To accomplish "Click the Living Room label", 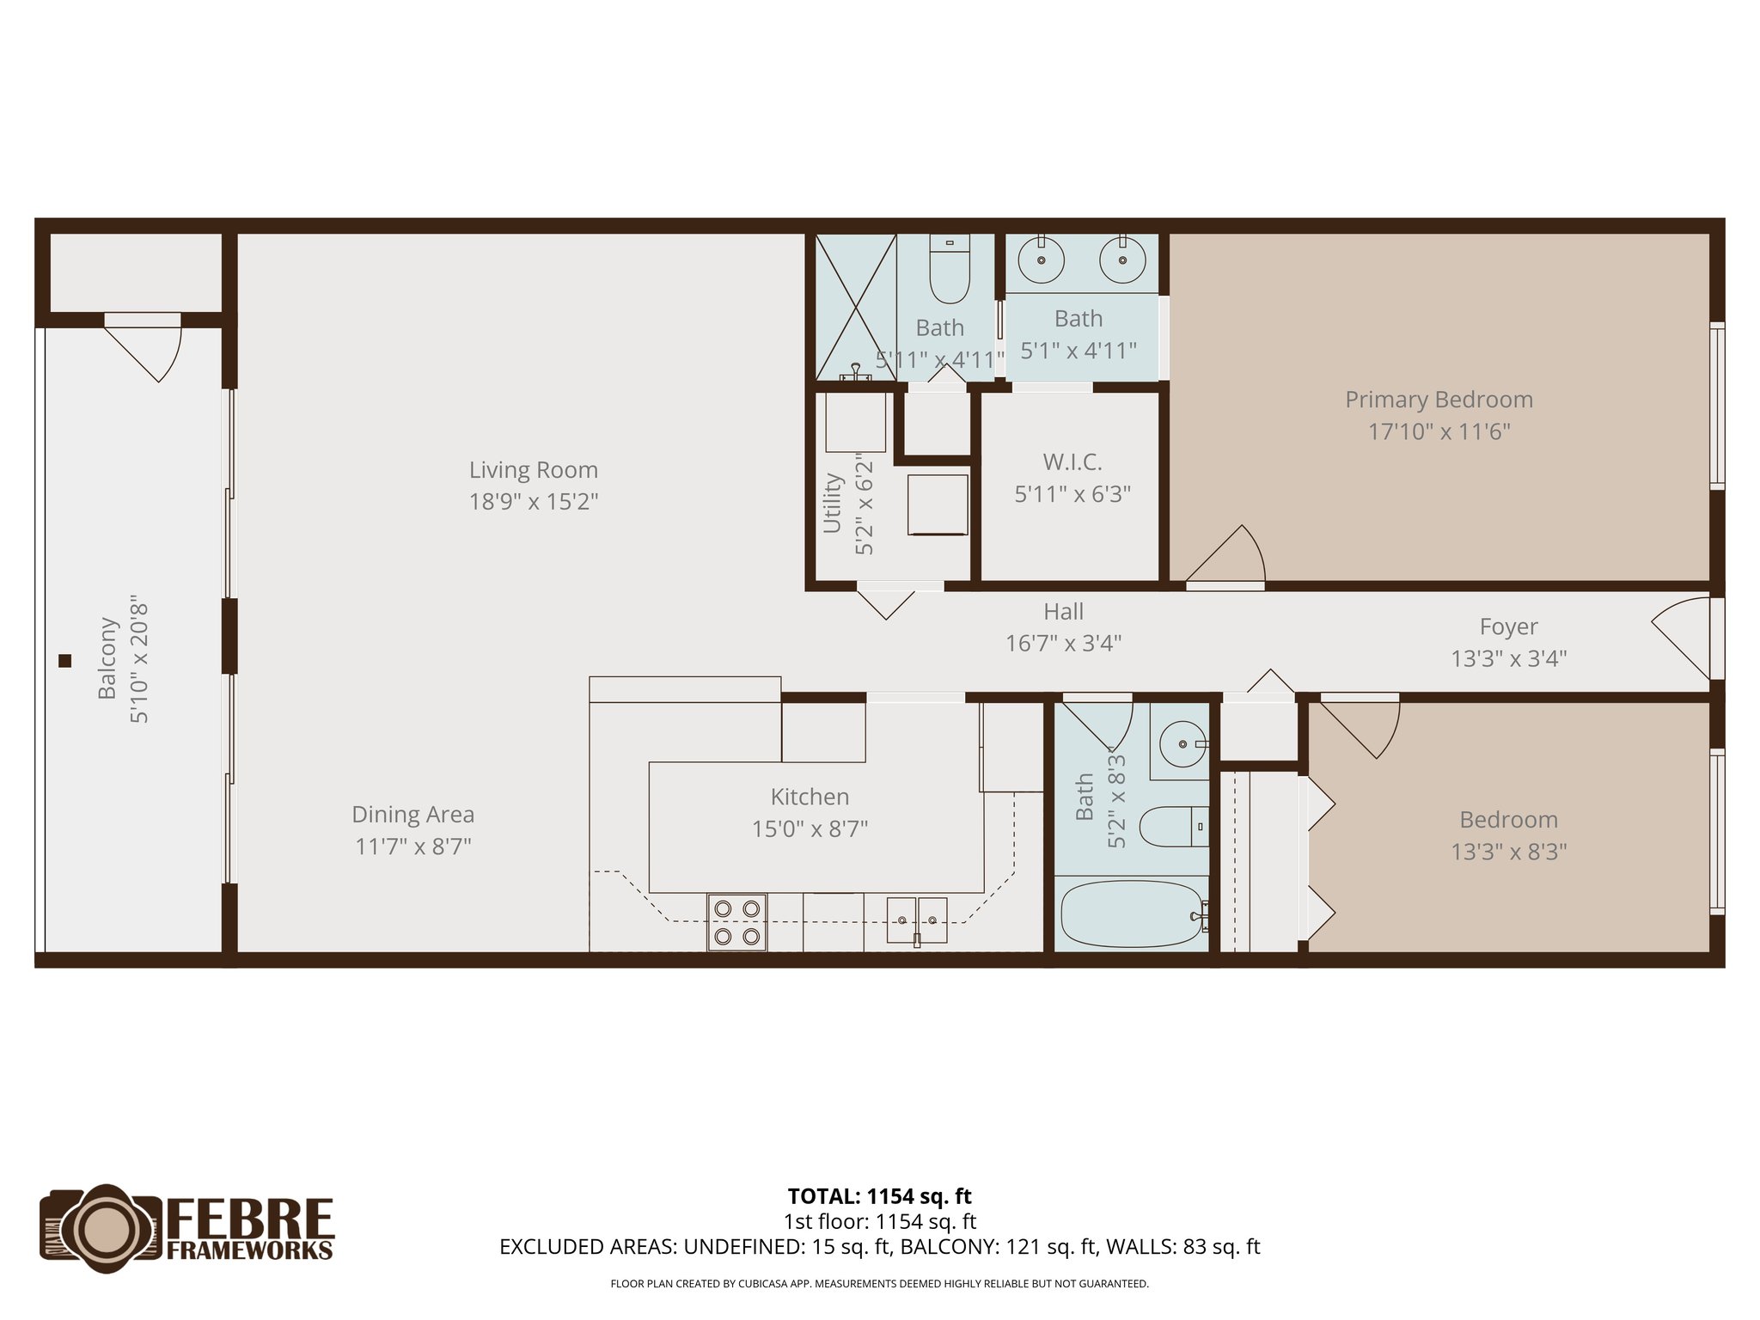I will pos(533,470).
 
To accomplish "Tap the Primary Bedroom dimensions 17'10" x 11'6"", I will pos(1439,431).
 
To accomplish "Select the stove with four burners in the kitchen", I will pos(736,922).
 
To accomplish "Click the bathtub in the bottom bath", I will pos(1132,914).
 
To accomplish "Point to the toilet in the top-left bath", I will pos(950,270).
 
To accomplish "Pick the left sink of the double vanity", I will pos(1041,259).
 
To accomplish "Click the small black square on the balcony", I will pos(64,661).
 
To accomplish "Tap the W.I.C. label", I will pos(1072,462).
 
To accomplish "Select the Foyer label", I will pos(1508,626).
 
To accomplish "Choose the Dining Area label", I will pos(412,815).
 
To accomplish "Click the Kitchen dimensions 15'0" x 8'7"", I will pos(810,829).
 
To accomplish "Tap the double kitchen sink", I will pos(916,920).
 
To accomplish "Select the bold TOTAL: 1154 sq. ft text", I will pos(879,1196).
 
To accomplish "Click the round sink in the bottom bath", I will pos(1182,744).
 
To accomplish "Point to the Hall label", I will pos(1063,612).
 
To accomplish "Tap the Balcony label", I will pos(107,658).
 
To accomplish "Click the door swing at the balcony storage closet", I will pos(150,348).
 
